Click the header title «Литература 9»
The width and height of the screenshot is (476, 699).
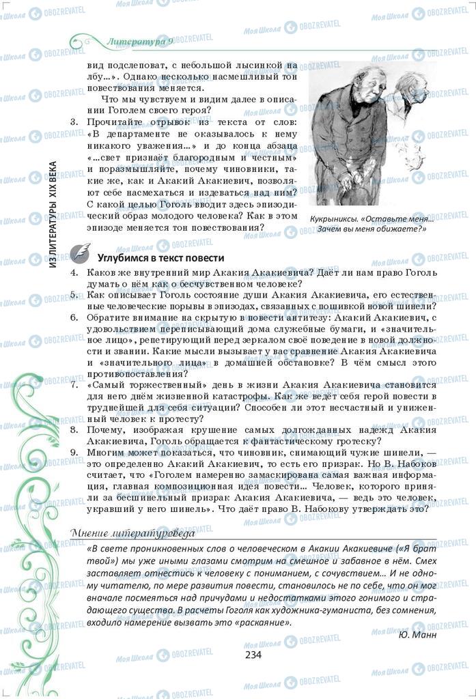[141, 42]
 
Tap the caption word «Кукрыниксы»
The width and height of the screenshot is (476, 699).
[333, 218]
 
